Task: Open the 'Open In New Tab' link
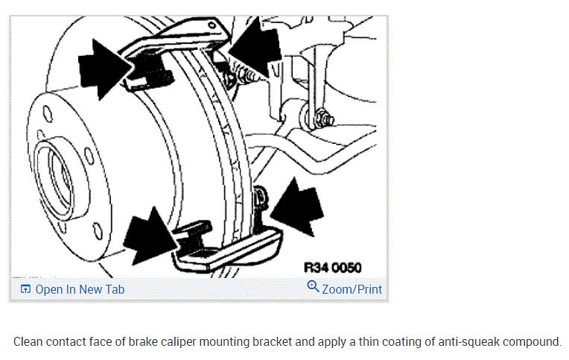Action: point(80,289)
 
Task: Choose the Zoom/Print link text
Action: point(352,288)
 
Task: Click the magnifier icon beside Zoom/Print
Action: point(313,288)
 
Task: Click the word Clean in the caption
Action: point(30,342)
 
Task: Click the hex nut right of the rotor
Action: point(322,118)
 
